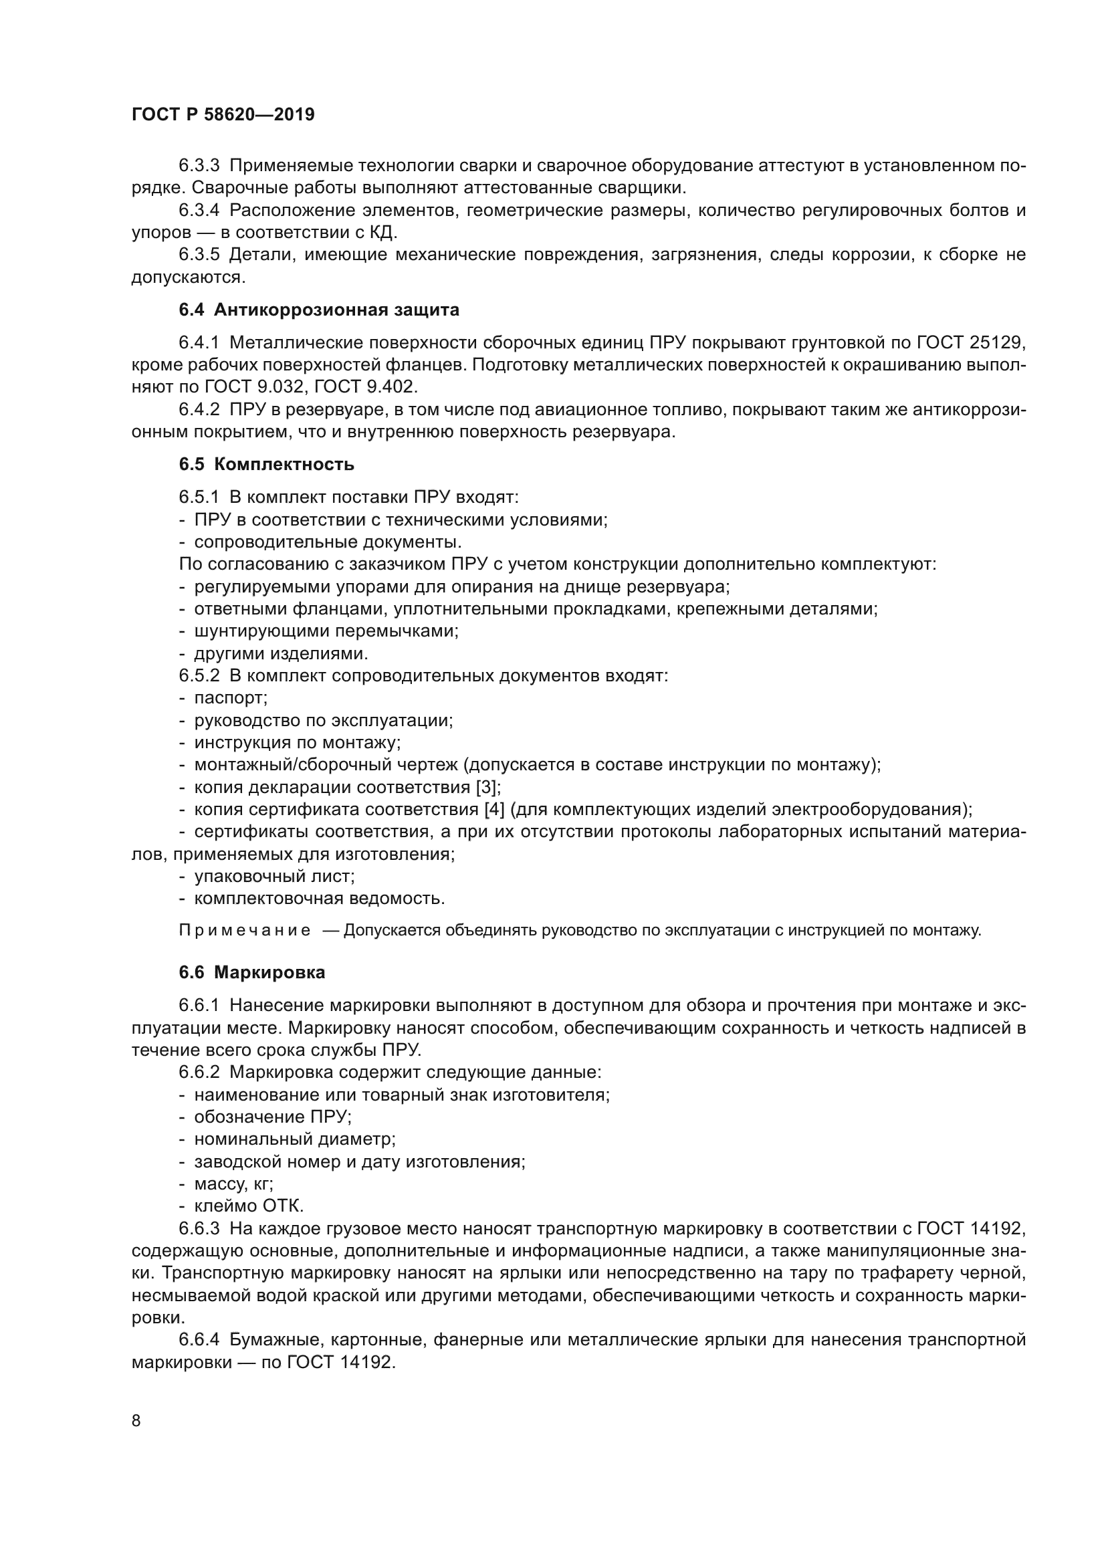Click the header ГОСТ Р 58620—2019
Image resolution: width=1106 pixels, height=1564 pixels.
(x=223, y=114)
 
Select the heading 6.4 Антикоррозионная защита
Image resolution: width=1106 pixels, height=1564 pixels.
(x=319, y=310)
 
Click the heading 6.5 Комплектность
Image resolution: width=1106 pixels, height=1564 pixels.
(x=266, y=465)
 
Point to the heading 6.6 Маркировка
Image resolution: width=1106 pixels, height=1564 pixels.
(x=252, y=973)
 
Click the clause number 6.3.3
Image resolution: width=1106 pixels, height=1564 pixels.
(x=199, y=166)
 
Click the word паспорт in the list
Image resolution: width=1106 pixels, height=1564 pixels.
(x=230, y=698)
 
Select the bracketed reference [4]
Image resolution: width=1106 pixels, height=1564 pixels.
(x=493, y=810)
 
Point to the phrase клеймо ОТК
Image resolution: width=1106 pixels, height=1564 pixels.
(x=249, y=1206)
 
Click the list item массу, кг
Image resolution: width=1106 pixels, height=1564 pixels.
(x=233, y=1184)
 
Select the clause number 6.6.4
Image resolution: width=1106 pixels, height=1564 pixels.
(x=199, y=1340)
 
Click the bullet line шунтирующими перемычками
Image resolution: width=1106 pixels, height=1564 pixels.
(x=326, y=631)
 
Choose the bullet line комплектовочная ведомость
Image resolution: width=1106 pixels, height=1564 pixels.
(x=319, y=899)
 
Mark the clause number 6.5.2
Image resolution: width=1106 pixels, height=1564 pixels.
(x=199, y=676)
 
